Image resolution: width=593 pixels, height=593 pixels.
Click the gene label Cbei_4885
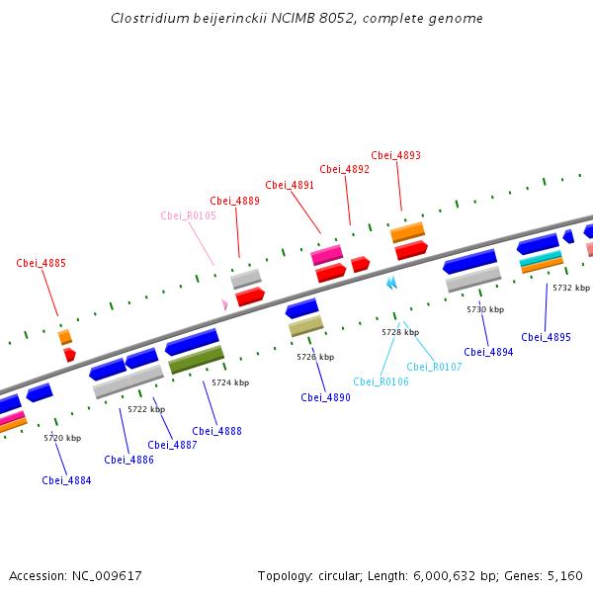(42, 263)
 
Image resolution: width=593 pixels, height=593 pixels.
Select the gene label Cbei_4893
(395, 155)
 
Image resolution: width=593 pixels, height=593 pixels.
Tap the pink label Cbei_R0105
(188, 215)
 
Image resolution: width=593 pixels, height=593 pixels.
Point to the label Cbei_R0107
(434, 367)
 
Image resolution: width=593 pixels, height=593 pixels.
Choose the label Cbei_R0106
(381, 381)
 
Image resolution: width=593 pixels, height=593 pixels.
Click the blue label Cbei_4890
(326, 397)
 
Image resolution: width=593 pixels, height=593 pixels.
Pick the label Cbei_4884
(66, 480)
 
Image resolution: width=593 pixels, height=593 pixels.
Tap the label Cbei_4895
(546, 337)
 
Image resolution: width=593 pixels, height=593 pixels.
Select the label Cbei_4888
(216, 431)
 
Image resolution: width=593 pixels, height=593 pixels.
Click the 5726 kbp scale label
(315, 357)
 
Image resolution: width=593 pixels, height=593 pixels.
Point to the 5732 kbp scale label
(570, 288)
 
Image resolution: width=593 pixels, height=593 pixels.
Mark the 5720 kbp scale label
(62, 437)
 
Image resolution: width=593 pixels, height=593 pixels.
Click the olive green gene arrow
(196, 360)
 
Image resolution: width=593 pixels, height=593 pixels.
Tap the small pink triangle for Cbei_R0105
(225, 304)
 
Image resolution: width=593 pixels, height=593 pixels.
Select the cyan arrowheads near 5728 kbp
(391, 284)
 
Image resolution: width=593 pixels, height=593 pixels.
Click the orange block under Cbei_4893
(407, 232)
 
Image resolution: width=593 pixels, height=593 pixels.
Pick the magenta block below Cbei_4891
(327, 255)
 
